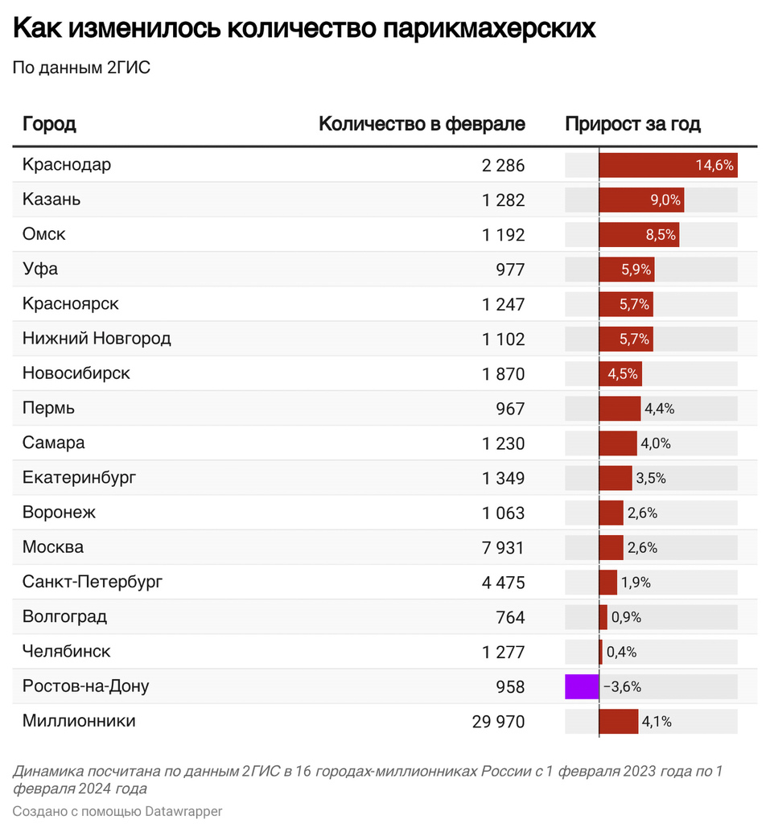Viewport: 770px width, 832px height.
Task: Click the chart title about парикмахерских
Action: click(x=304, y=29)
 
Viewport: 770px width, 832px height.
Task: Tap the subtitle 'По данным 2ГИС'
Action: click(x=81, y=68)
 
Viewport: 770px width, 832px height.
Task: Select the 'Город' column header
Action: click(x=49, y=124)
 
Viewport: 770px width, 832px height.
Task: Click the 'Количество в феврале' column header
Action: click(x=422, y=124)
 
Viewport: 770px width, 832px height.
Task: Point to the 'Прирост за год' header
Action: click(x=632, y=124)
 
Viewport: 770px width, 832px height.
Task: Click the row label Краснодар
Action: click(x=67, y=165)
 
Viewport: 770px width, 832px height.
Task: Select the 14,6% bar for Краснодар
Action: click(x=668, y=166)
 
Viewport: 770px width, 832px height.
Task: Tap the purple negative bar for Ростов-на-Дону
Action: click(x=582, y=686)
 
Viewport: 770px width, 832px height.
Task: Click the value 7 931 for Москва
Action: click(x=503, y=548)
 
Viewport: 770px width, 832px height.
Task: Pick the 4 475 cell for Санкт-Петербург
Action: click(x=503, y=583)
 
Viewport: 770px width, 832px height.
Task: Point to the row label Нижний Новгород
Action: click(x=97, y=339)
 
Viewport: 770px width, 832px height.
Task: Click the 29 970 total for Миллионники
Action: click(x=498, y=722)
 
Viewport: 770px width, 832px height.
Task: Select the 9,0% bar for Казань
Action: click(x=641, y=200)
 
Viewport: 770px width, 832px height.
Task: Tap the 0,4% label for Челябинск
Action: click(x=621, y=652)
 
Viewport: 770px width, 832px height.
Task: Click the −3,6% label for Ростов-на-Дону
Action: click(x=622, y=686)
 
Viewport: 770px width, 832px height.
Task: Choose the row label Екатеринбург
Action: click(x=79, y=478)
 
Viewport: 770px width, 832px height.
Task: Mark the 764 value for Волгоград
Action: click(x=509, y=617)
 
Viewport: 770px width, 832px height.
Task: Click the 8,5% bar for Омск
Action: click(x=639, y=235)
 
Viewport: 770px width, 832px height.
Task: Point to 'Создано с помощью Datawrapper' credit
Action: click(x=117, y=811)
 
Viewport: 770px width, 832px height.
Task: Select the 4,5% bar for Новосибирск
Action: click(x=620, y=374)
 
